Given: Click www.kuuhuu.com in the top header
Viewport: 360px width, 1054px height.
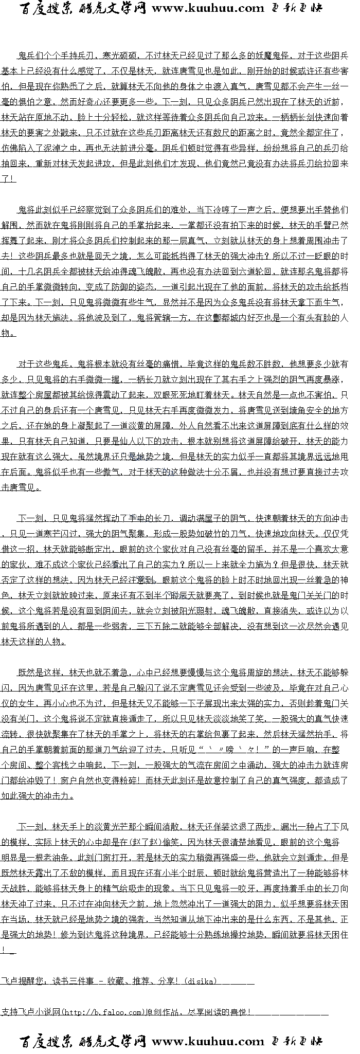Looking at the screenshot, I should tap(208, 8).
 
